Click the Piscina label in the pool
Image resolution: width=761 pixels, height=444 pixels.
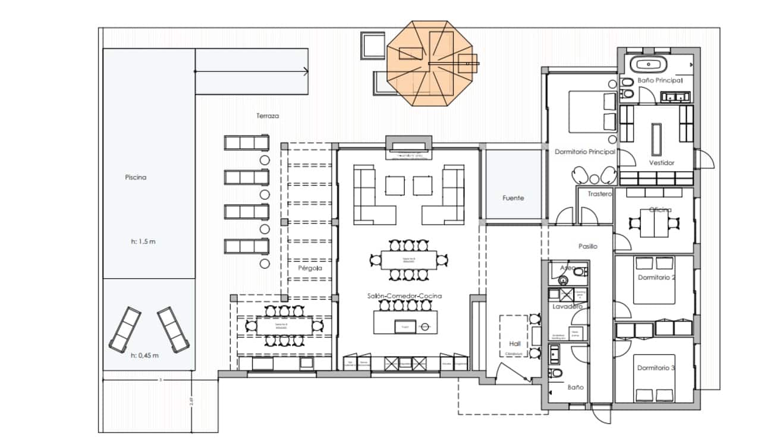point(136,177)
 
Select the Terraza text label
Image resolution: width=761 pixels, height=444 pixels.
point(268,116)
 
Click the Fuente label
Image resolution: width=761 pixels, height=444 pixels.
point(513,198)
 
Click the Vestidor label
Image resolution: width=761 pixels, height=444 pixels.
point(662,162)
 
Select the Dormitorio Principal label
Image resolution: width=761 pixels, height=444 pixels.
point(584,152)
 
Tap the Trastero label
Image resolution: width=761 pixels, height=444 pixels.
point(599,194)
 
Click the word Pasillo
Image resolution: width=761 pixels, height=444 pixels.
point(587,246)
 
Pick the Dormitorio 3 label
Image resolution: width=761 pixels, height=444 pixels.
point(656,369)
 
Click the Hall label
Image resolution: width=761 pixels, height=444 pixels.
point(514,344)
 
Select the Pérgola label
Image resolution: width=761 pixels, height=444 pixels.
point(310,268)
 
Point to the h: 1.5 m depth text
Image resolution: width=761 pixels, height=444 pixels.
point(143,242)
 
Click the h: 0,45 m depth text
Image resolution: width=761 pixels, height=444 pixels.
point(144,355)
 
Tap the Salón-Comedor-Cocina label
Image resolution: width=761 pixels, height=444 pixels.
point(404,296)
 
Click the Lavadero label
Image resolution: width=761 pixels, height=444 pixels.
point(567,307)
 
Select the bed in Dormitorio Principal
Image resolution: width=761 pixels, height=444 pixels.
point(592,111)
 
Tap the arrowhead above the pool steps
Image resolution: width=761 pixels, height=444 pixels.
point(306,72)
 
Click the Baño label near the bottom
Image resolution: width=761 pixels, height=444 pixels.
point(575,387)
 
